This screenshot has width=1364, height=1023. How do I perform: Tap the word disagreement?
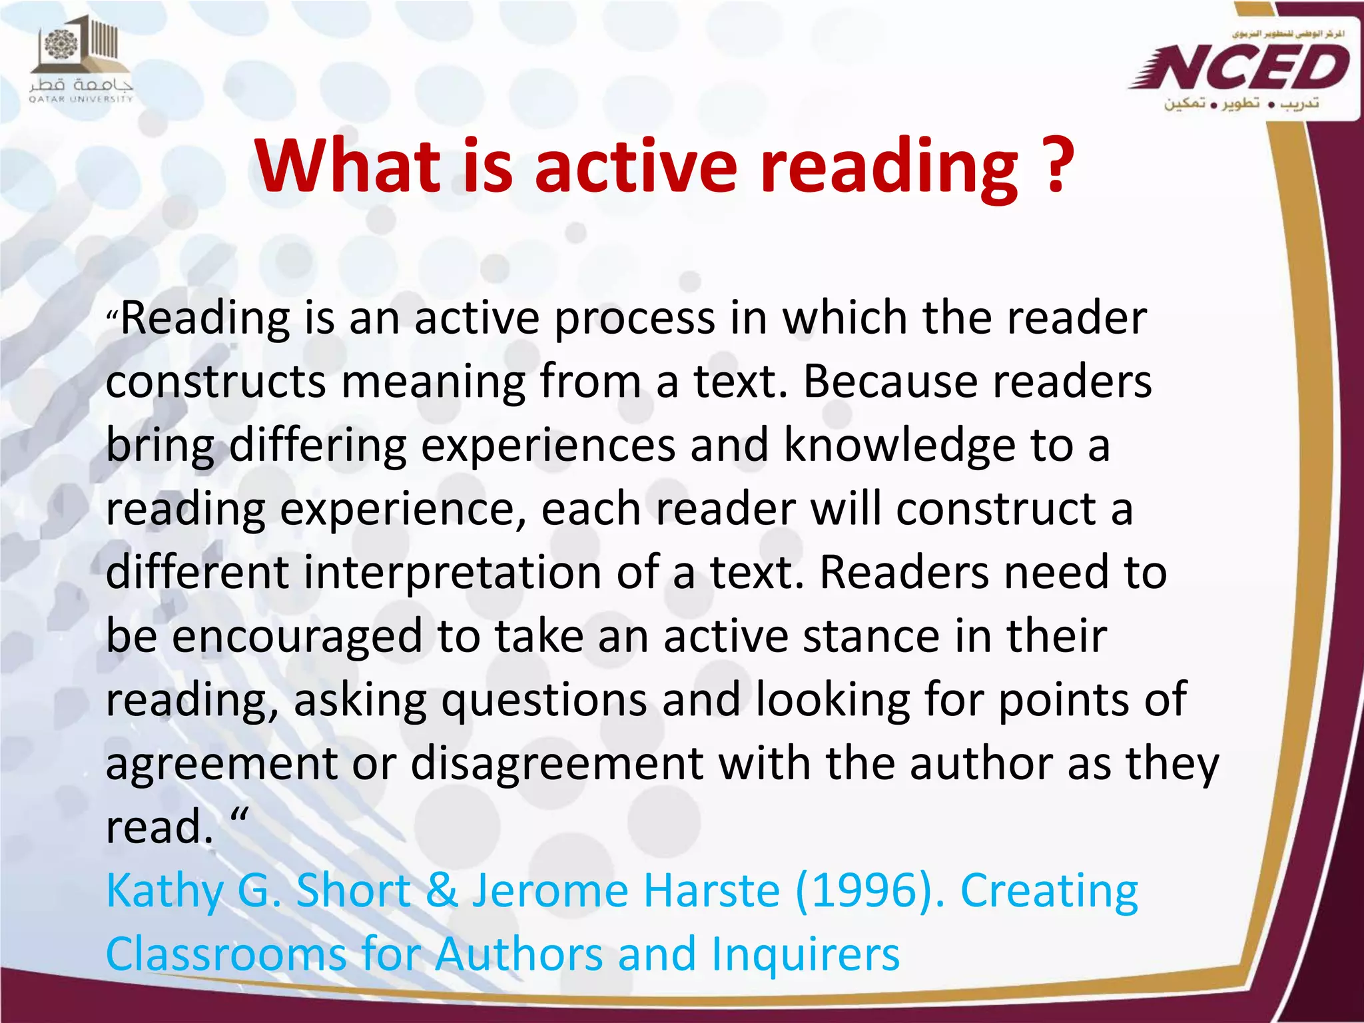tap(557, 763)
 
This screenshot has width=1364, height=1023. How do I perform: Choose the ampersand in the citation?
tap(442, 891)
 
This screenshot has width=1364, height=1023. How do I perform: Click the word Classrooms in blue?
tap(226, 954)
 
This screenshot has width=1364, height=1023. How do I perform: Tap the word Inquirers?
tap(805, 954)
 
